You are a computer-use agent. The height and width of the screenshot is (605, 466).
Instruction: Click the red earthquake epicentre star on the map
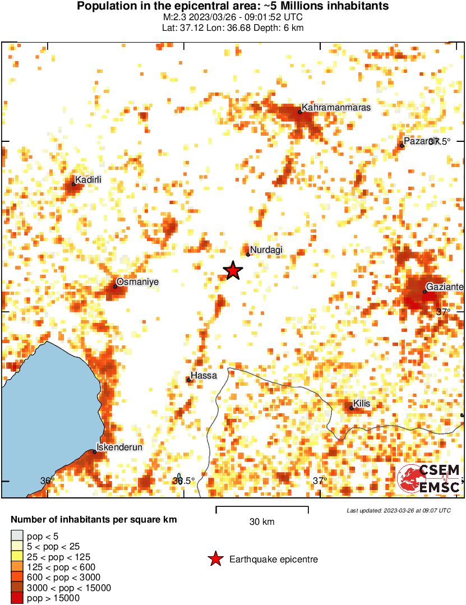point(233,271)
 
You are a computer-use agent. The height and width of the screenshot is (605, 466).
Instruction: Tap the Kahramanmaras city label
point(336,107)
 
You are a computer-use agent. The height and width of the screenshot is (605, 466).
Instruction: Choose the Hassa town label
point(204,375)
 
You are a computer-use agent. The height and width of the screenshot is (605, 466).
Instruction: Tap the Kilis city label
point(362,404)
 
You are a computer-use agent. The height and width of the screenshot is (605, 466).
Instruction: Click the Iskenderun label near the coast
point(120,447)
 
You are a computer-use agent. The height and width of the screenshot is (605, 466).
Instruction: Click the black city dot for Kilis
point(352,408)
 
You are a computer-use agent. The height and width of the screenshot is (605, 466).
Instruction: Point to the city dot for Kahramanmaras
point(300,112)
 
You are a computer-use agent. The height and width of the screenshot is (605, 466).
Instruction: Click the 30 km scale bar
point(262,509)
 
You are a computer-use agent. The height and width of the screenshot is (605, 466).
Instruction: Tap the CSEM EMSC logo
point(428,479)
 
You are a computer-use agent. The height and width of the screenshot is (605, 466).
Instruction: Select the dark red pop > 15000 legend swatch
point(17,598)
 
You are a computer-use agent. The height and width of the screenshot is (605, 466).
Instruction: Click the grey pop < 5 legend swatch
point(17,537)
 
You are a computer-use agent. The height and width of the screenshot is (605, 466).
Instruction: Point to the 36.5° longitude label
point(183,481)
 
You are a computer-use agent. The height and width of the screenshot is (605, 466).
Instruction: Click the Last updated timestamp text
point(398,510)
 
